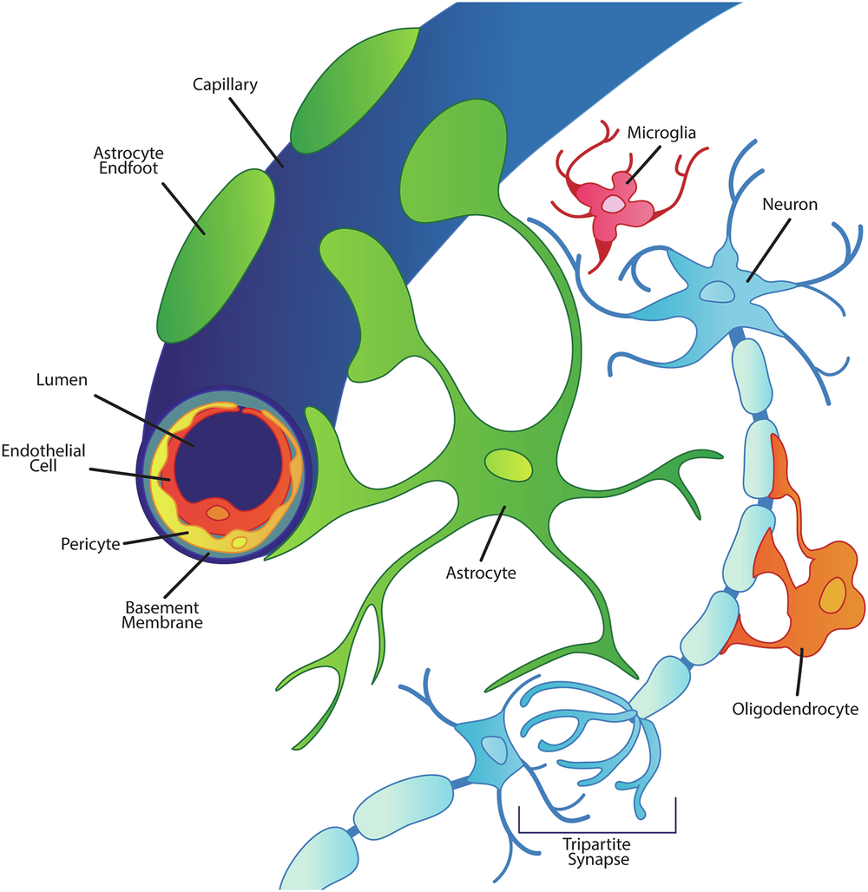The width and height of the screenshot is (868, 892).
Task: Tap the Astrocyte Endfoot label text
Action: pyautogui.click(x=128, y=161)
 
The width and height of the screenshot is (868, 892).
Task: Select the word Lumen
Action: pyautogui.click(x=62, y=381)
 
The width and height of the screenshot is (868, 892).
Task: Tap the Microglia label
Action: pyautogui.click(x=662, y=133)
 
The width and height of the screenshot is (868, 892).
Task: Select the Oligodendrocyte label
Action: pyautogui.click(x=795, y=709)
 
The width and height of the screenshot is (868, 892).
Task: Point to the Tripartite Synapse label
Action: pyautogui.click(x=595, y=851)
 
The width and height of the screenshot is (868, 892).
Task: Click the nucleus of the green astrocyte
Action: pyautogui.click(x=508, y=464)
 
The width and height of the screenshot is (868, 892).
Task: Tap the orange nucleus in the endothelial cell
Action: pyautogui.click(x=218, y=514)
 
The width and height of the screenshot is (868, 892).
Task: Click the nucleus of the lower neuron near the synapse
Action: pyautogui.click(x=495, y=747)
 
